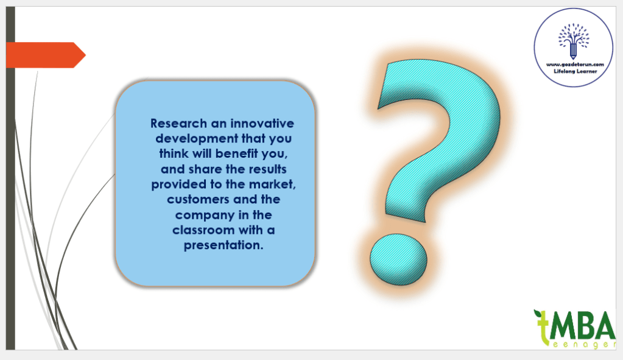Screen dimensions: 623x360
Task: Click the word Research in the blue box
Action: coord(179,124)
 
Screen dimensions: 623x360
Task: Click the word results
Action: coord(267,169)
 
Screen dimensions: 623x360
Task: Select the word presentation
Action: coord(224,245)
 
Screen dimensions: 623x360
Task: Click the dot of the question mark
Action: coord(398,259)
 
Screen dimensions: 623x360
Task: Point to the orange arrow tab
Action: coord(46,55)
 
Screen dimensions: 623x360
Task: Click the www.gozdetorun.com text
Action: coord(575,65)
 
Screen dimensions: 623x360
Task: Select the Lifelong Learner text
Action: coord(575,71)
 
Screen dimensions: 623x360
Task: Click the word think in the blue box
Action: coord(174,154)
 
